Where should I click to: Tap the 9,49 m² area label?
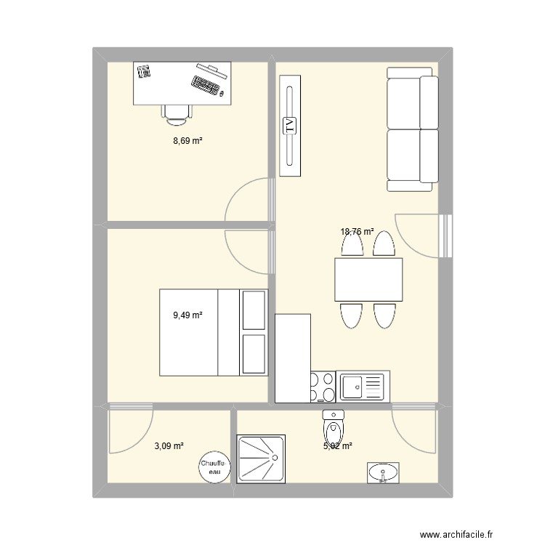click(187, 315)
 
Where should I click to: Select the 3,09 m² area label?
click(168, 446)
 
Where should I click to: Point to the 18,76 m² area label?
click(357, 233)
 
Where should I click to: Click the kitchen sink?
click(362, 386)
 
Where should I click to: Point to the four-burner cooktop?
click(323, 386)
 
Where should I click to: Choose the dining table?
click(368, 279)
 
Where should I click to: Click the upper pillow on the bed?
click(254, 310)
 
